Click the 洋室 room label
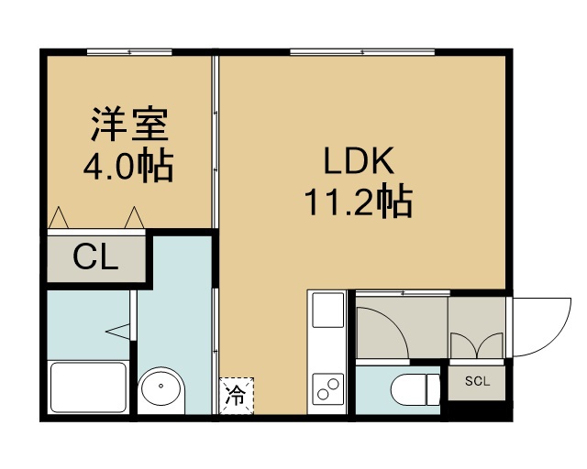point(129,125)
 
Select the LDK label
point(359,161)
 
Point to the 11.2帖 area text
point(359,202)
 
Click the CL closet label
point(95,256)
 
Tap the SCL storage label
point(477,381)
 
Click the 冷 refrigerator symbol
point(237,396)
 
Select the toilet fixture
point(415,389)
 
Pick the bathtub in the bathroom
point(89,387)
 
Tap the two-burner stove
point(328,389)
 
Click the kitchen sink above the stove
point(328,310)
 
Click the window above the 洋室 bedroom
point(129,52)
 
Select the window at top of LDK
point(362,52)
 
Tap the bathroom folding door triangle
point(117,332)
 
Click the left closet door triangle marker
point(59,217)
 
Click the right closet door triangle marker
point(135,217)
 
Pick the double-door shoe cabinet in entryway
point(477,344)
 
